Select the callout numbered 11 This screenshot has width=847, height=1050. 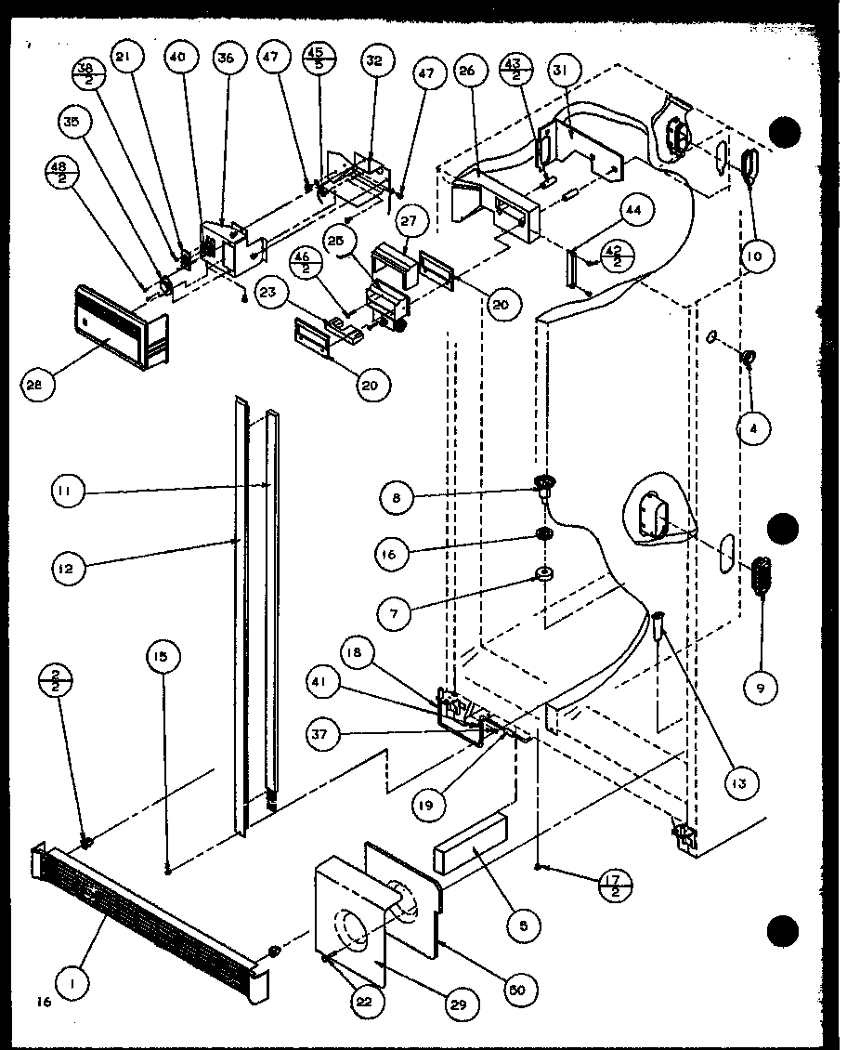point(68,491)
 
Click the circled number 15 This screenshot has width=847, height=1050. point(161,656)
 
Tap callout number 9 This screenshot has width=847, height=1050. point(762,687)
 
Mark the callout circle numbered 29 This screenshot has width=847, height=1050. point(463,1004)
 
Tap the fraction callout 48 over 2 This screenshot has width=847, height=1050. point(60,174)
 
